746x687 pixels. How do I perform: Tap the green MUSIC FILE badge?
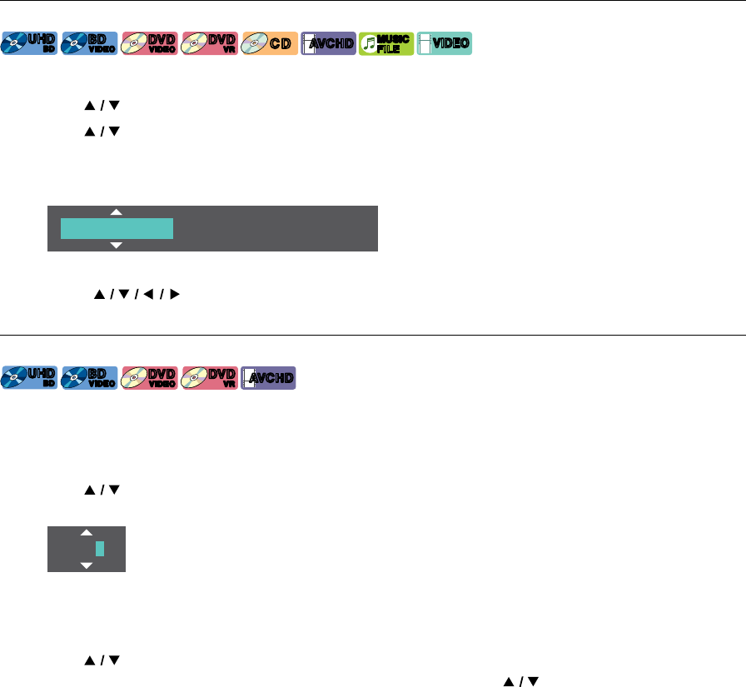[x=386, y=43]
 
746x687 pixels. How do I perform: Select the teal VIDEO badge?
[x=445, y=43]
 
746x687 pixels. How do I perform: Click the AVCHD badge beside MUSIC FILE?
[x=327, y=43]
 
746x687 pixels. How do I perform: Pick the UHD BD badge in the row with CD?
[x=30, y=43]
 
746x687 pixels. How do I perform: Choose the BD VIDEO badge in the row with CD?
[x=89, y=43]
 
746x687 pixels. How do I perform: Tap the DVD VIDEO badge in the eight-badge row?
[x=149, y=43]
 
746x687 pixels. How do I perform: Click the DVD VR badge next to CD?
[x=209, y=43]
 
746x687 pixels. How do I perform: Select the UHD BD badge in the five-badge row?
[x=30, y=377]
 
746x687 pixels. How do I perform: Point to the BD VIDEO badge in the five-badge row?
[x=89, y=377]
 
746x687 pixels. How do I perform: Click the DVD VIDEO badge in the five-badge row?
[x=149, y=377]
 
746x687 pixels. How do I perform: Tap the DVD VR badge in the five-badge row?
[x=209, y=377]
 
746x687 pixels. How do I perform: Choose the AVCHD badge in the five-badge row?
[x=268, y=377]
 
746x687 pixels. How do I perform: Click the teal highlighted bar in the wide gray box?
[x=117, y=228]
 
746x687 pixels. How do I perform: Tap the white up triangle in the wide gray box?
[x=117, y=212]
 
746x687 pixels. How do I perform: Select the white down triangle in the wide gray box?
[x=117, y=245]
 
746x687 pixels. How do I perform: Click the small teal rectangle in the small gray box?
[x=100, y=549]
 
